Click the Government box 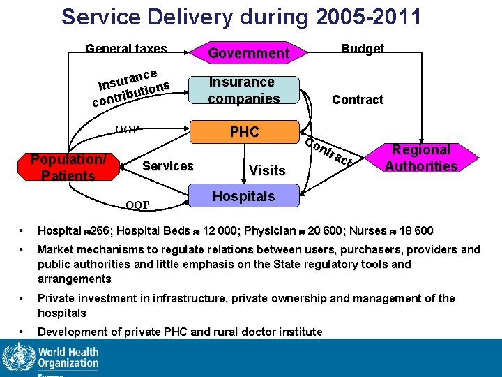(249, 53)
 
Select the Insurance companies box (244, 90)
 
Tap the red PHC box (245, 132)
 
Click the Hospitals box (244, 196)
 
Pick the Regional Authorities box (421, 158)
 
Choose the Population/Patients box (68, 168)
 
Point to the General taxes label (126, 49)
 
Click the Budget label (362, 49)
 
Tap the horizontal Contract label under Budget (358, 100)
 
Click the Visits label (267, 170)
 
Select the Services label (167, 166)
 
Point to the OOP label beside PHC (127, 129)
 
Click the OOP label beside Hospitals (137, 205)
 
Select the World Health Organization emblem (17, 358)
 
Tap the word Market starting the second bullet (58, 249)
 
